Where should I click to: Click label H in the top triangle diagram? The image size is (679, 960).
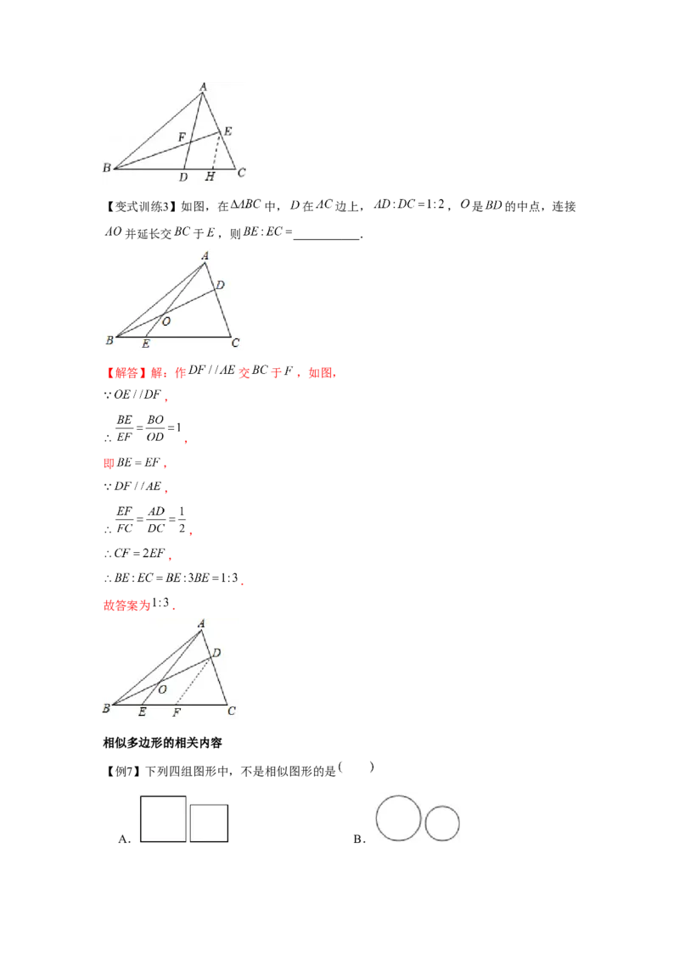click(210, 176)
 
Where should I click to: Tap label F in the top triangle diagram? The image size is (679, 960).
click(181, 137)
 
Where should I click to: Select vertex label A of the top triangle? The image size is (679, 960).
click(203, 87)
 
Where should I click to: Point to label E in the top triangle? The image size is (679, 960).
click(227, 131)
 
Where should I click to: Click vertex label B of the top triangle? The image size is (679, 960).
click(107, 168)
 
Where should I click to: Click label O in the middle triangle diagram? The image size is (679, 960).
click(166, 321)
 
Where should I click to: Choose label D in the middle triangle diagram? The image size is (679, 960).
click(220, 285)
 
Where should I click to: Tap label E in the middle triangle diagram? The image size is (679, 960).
click(146, 343)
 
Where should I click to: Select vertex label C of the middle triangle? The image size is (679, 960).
click(235, 343)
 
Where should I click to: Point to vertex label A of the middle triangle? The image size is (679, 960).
click(205, 254)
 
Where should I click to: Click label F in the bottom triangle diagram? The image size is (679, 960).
click(176, 712)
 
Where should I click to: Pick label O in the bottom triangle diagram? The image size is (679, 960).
click(162, 689)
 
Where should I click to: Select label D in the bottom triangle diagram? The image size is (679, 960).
click(216, 652)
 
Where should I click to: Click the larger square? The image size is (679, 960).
click(163, 819)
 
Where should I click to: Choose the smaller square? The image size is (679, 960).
click(209, 823)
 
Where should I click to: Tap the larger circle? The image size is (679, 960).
click(398, 818)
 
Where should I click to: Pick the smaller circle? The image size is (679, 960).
click(442, 823)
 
